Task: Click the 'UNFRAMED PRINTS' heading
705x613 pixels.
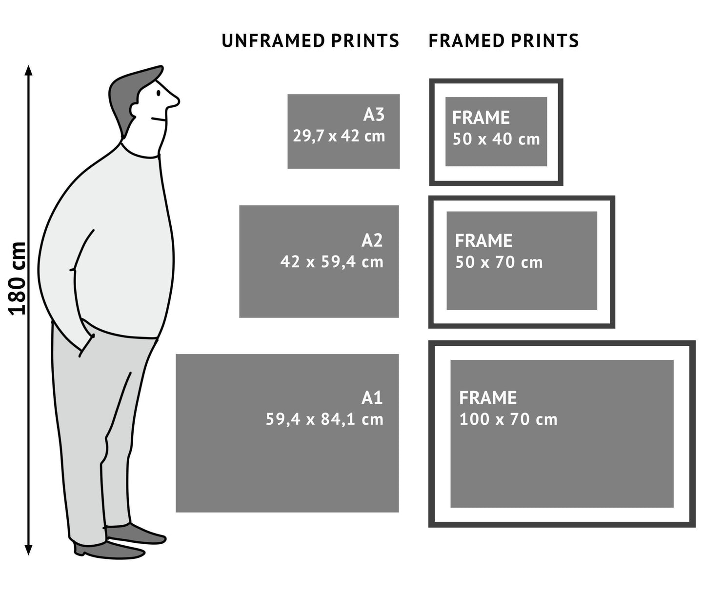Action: [310, 40]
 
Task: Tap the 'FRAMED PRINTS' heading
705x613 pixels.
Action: [504, 40]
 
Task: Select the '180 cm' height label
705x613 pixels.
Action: [18, 278]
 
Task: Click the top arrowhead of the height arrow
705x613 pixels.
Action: [28, 70]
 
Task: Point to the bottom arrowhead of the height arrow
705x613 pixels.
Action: [28, 550]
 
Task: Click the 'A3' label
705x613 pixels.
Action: [374, 115]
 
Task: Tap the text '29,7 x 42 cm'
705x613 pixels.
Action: [339, 136]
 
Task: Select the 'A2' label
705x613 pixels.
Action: [372, 240]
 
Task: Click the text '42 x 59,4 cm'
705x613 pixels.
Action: [332, 262]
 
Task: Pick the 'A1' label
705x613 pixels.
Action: [372, 398]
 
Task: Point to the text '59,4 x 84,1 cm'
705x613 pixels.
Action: [324, 419]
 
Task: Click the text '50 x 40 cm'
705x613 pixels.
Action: [496, 139]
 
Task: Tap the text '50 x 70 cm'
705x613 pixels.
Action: [499, 263]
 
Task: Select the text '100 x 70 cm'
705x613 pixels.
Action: [508, 419]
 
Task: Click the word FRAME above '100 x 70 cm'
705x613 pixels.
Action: [487, 398]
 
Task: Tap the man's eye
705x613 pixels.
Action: [158, 93]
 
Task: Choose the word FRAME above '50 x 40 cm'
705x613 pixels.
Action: [481, 118]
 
